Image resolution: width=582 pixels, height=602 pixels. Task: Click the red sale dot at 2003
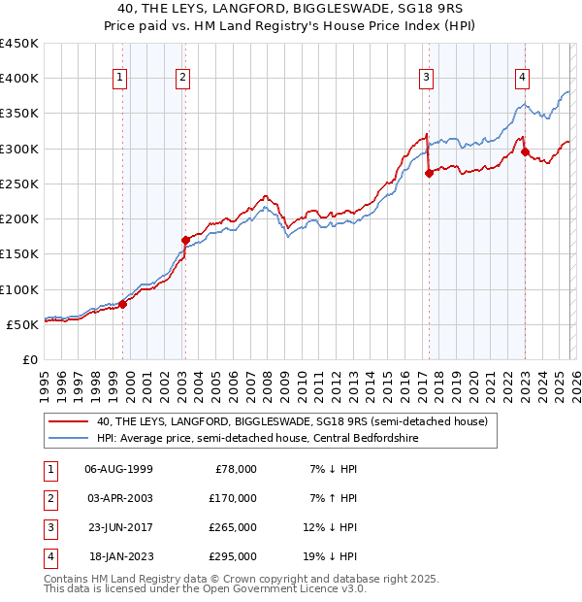click(186, 239)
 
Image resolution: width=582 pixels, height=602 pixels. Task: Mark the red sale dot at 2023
click(525, 151)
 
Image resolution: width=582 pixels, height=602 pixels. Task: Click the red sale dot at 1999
click(123, 304)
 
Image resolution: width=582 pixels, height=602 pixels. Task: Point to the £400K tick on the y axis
click(19, 79)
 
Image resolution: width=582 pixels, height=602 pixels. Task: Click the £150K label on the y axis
click(19, 254)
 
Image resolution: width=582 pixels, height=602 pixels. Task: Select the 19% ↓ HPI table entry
click(330, 556)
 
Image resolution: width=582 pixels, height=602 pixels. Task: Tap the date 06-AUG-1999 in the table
click(119, 468)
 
